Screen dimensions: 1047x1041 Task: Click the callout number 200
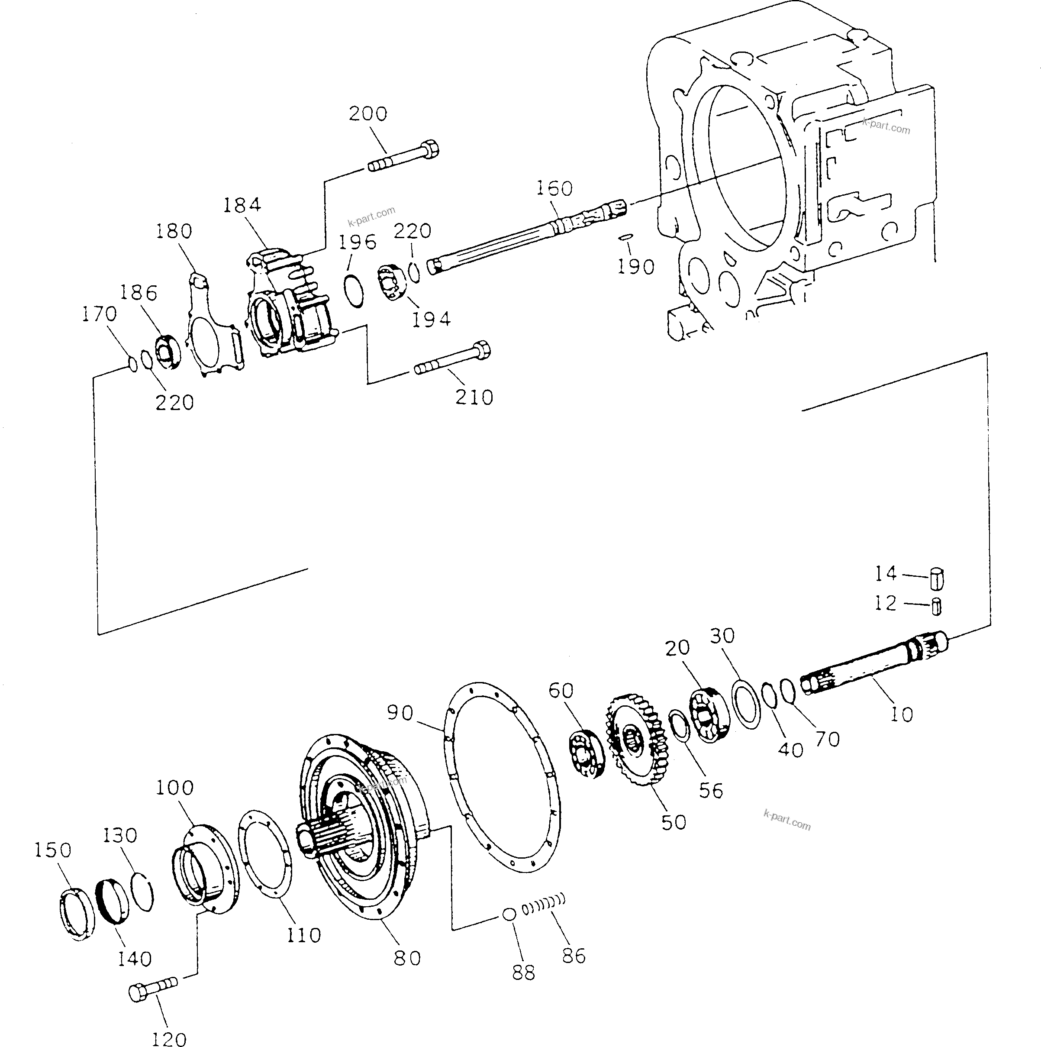(368, 114)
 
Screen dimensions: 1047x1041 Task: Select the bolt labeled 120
(154, 989)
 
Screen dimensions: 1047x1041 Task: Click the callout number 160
(554, 189)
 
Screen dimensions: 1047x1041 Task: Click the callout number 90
(400, 713)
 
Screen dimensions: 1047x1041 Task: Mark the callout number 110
(304, 935)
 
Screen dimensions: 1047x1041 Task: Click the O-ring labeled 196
(354, 290)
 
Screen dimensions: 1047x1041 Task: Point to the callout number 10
(901, 715)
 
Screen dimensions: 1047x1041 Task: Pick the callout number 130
(120, 835)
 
